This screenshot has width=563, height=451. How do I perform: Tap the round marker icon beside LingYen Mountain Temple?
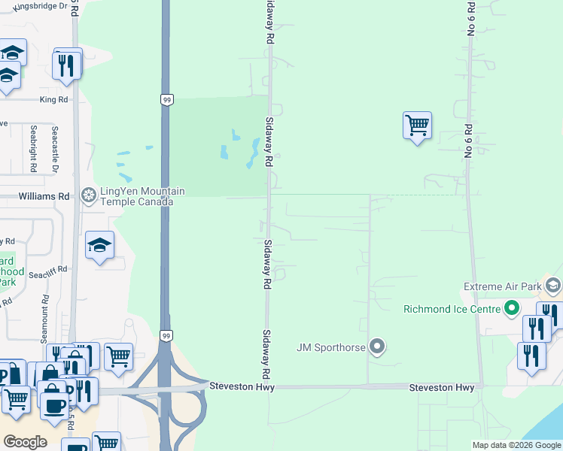point(88,197)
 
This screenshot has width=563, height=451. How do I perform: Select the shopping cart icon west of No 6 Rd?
point(417,125)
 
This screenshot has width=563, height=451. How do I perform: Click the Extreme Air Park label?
point(503,287)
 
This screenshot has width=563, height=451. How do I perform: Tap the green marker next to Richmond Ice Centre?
point(512,308)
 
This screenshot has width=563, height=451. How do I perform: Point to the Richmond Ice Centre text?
point(452,309)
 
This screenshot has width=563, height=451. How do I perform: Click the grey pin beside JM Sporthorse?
point(378,347)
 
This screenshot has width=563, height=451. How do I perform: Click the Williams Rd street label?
point(44,196)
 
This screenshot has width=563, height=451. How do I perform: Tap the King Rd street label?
point(54,99)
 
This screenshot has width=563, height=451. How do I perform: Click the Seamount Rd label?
point(46,320)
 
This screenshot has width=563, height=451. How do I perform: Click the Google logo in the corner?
point(25,442)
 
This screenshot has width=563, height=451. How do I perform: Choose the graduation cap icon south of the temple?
point(99,245)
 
